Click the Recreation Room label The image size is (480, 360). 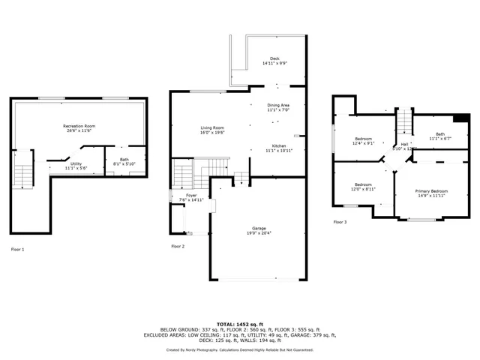pos(78,128)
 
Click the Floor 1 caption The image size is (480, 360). pos(17,249)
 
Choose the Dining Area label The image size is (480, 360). pos(278,107)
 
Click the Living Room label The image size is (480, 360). pos(212,130)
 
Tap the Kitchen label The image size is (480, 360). pos(278,148)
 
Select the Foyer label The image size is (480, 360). pos(181,197)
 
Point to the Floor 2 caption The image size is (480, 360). pos(178,246)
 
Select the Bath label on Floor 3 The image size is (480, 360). pos(436,136)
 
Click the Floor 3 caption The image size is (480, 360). pos(340,222)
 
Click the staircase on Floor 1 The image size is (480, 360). pos(24,175)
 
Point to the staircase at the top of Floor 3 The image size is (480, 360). pos(404,121)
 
